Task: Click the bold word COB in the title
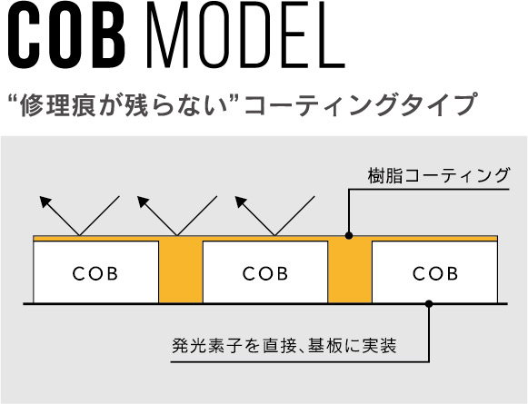(x=66, y=34)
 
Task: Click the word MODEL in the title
(x=245, y=34)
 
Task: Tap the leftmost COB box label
(x=95, y=273)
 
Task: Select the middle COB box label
(x=265, y=273)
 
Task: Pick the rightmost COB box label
(x=435, y=273)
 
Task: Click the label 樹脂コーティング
(x=438, y=176)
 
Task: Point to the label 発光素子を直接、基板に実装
(x=284, y=346)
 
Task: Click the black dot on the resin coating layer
(x=349, y=235)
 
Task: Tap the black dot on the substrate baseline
(x=429, y=304)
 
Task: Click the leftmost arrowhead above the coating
(x=45, y=202)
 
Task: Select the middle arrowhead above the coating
(x=143, y=202)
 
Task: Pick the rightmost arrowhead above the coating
(x=241, y=202)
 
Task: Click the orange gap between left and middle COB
(x=181, y=271)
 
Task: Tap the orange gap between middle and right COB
(x=350, y=271)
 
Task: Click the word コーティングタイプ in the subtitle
(x=360, y=104)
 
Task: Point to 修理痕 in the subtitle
(x=56, y=104)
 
